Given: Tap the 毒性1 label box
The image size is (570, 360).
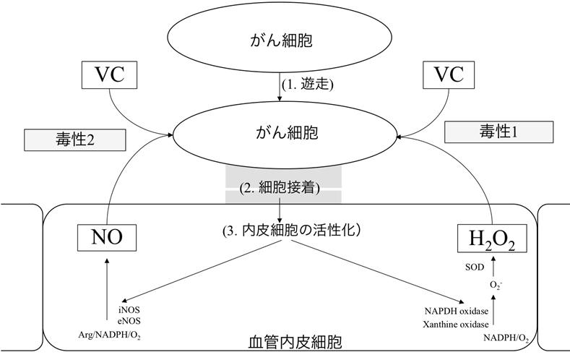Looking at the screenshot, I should (498, 132).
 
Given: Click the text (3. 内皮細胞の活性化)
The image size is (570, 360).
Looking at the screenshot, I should (291, 232).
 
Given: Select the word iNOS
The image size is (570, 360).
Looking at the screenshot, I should (127, 310).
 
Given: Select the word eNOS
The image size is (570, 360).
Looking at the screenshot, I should (127, 321).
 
